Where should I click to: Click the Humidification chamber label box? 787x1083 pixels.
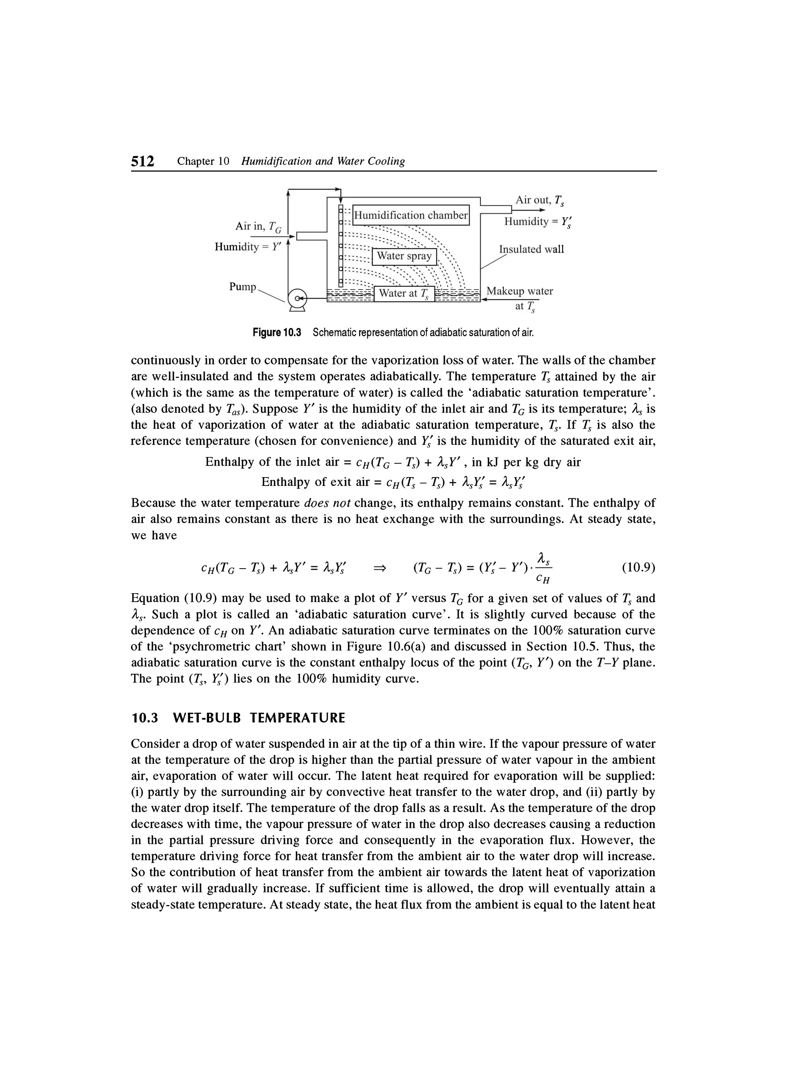point(411,215)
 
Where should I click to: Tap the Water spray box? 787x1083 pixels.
point(404,256)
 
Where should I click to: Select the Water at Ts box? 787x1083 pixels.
point(404,293)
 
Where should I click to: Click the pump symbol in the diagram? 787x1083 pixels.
point(298,299)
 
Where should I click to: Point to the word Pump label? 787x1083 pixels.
point(242,286)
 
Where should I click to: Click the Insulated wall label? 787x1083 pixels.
point(531,249)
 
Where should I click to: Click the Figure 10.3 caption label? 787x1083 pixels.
point(277,332)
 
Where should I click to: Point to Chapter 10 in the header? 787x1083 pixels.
point(203,162)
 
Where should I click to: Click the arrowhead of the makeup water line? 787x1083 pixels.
point(484,299)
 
